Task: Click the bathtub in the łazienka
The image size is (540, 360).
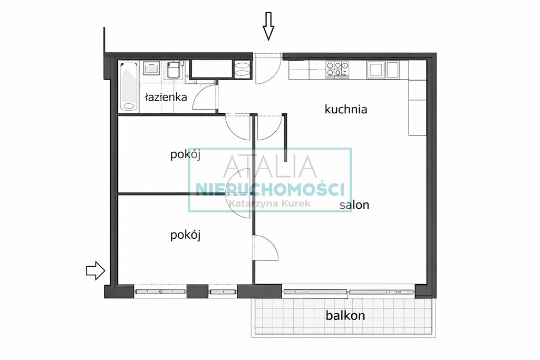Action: pos(129,86)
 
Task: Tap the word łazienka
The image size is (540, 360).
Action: pos(166,97)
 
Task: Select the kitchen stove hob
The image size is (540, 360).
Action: pos(337,69)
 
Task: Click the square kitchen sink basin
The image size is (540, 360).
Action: pos(375,70)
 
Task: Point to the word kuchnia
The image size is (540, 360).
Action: pos(346,110)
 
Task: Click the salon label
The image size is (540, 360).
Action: pos(354,205)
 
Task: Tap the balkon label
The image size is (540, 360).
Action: pos(345,315)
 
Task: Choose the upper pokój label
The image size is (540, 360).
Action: pos(185,154)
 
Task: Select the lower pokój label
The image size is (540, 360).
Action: pos(185,235)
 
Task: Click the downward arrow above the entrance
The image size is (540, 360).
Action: pos(268,26)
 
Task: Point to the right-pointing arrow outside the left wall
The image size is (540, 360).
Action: pos(95,270)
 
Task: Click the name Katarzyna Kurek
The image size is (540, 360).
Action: pos(269,203)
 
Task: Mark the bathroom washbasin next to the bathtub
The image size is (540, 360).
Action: pos(151,68)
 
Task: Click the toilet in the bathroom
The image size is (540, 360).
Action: pos(174,70)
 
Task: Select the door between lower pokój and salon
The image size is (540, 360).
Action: pos(266,248)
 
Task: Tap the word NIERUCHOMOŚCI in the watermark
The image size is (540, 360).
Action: pos(269,189)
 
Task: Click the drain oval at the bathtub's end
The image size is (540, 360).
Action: pos(129,106)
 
